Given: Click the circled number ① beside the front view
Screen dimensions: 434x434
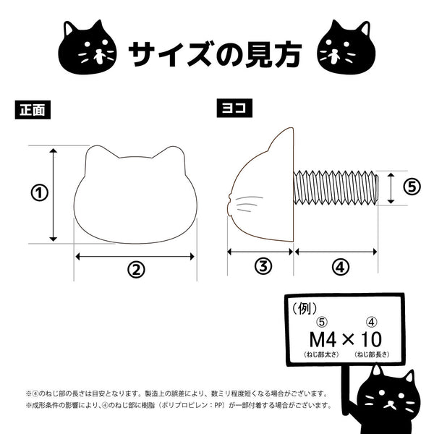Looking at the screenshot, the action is (39, 193).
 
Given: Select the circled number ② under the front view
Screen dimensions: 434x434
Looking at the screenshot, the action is (136, 269).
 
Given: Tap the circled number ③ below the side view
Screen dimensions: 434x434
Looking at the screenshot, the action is (263, 266).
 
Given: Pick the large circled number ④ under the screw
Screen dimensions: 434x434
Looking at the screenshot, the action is (340, 267).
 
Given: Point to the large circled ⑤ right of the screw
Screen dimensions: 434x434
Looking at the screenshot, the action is (412, 187).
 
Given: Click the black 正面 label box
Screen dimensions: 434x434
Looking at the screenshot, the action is (33, 110).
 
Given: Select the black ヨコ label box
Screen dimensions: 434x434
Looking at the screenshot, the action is (234, 108).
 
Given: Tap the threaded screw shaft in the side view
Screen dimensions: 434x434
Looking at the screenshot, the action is (336, 188).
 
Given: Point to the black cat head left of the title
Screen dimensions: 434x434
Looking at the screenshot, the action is (88, 48).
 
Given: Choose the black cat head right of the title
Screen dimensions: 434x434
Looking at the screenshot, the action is (346, 48).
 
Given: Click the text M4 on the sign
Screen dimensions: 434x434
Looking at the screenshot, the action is (323, 339).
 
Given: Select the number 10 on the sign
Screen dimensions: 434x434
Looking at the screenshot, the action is (371, 339).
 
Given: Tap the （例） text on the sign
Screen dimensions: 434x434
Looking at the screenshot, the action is (305, 308).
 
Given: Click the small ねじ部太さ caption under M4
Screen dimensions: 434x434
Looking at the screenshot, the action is (321, 354).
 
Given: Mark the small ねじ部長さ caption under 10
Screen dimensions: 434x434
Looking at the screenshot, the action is (372, 354).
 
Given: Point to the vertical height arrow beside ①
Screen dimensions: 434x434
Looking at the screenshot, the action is (53, 195).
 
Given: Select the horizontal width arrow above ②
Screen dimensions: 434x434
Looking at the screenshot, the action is (135, 257).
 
